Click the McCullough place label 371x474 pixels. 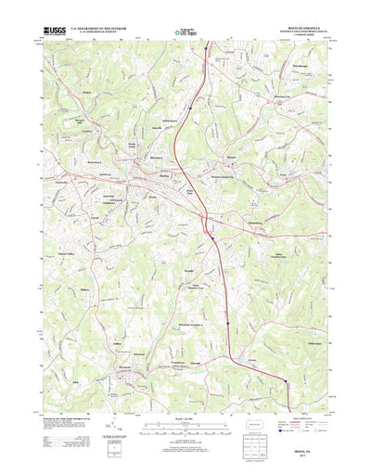coord(297,66)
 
